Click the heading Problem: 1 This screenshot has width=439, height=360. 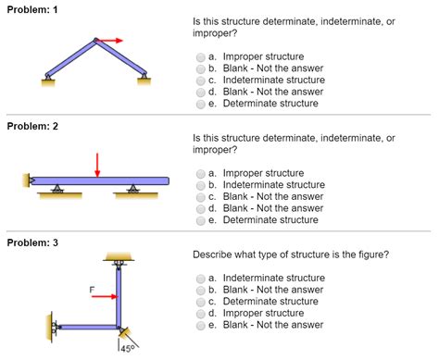[32, 7]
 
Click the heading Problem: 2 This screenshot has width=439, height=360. [32, 126]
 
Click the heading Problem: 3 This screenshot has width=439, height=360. [32, 242]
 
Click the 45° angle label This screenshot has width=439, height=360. [127, 349]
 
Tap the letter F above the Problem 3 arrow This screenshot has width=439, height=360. [93, 289]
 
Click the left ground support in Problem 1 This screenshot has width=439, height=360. [45, 81]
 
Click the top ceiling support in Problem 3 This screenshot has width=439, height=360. [118, 256]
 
